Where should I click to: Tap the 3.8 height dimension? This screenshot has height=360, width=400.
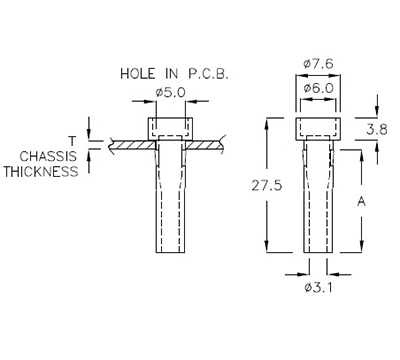point(376,130)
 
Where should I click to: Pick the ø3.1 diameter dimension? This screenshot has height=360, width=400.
point(318,289)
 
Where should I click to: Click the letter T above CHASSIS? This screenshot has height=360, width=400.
point(72,141)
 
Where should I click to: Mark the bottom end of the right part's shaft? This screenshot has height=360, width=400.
point(318,254)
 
